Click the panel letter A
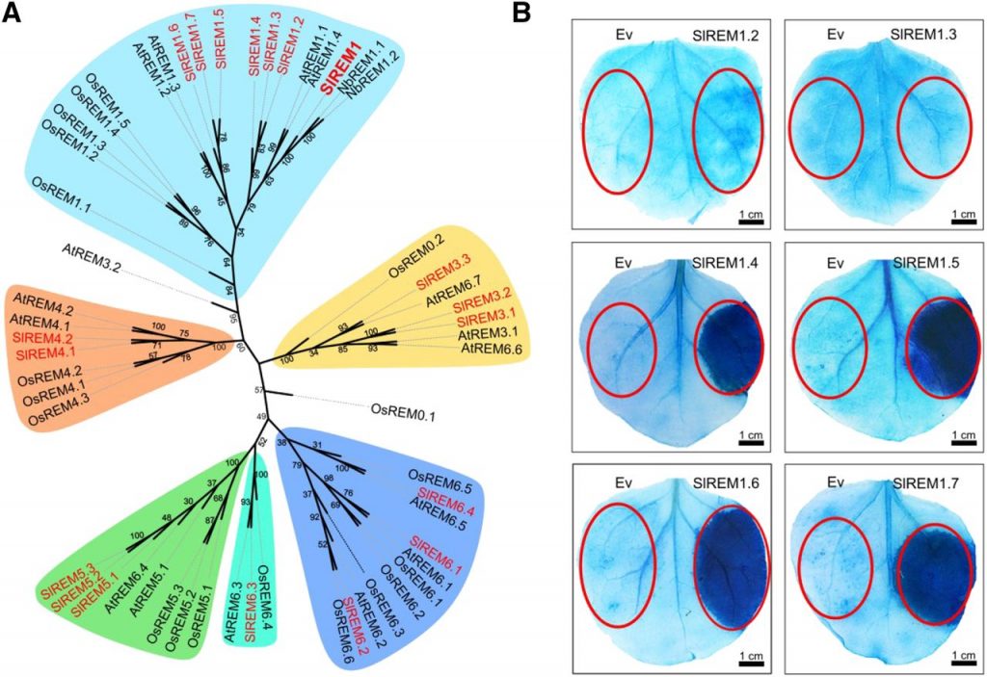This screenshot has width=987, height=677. [14, 14]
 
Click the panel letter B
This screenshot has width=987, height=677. [547, 14]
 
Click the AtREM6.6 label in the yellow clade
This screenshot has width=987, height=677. [492, 348]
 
